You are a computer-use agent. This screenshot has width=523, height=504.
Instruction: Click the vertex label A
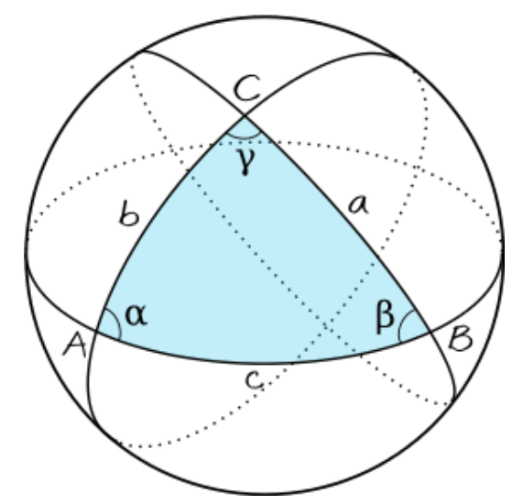(75, 345)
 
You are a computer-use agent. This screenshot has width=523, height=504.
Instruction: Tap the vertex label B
(461, 339)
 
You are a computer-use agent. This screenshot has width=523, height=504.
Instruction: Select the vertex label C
(247, 87)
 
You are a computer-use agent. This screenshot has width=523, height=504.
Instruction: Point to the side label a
(358, 204)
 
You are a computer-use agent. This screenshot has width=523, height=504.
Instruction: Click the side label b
(128, 214)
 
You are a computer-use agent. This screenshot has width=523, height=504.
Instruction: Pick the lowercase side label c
(254, 380)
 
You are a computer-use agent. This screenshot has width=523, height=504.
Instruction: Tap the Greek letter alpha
(136, 314)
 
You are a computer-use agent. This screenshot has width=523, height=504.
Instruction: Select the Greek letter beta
(385, 316)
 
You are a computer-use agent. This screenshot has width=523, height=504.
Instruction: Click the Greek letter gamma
(246, 161)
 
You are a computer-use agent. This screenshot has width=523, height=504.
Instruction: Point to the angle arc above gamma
(244, 137)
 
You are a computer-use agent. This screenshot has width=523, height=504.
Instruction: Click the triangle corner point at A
(96, 331)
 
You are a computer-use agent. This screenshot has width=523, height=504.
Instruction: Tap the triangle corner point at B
(430, 331)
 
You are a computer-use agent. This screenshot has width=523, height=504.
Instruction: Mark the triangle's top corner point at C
(245, 115)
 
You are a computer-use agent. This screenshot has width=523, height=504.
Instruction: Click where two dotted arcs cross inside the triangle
(324, 324)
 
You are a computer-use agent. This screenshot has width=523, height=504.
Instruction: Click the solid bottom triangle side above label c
(264, 363)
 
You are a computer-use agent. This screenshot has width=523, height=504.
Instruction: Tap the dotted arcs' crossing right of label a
(419, 167)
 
